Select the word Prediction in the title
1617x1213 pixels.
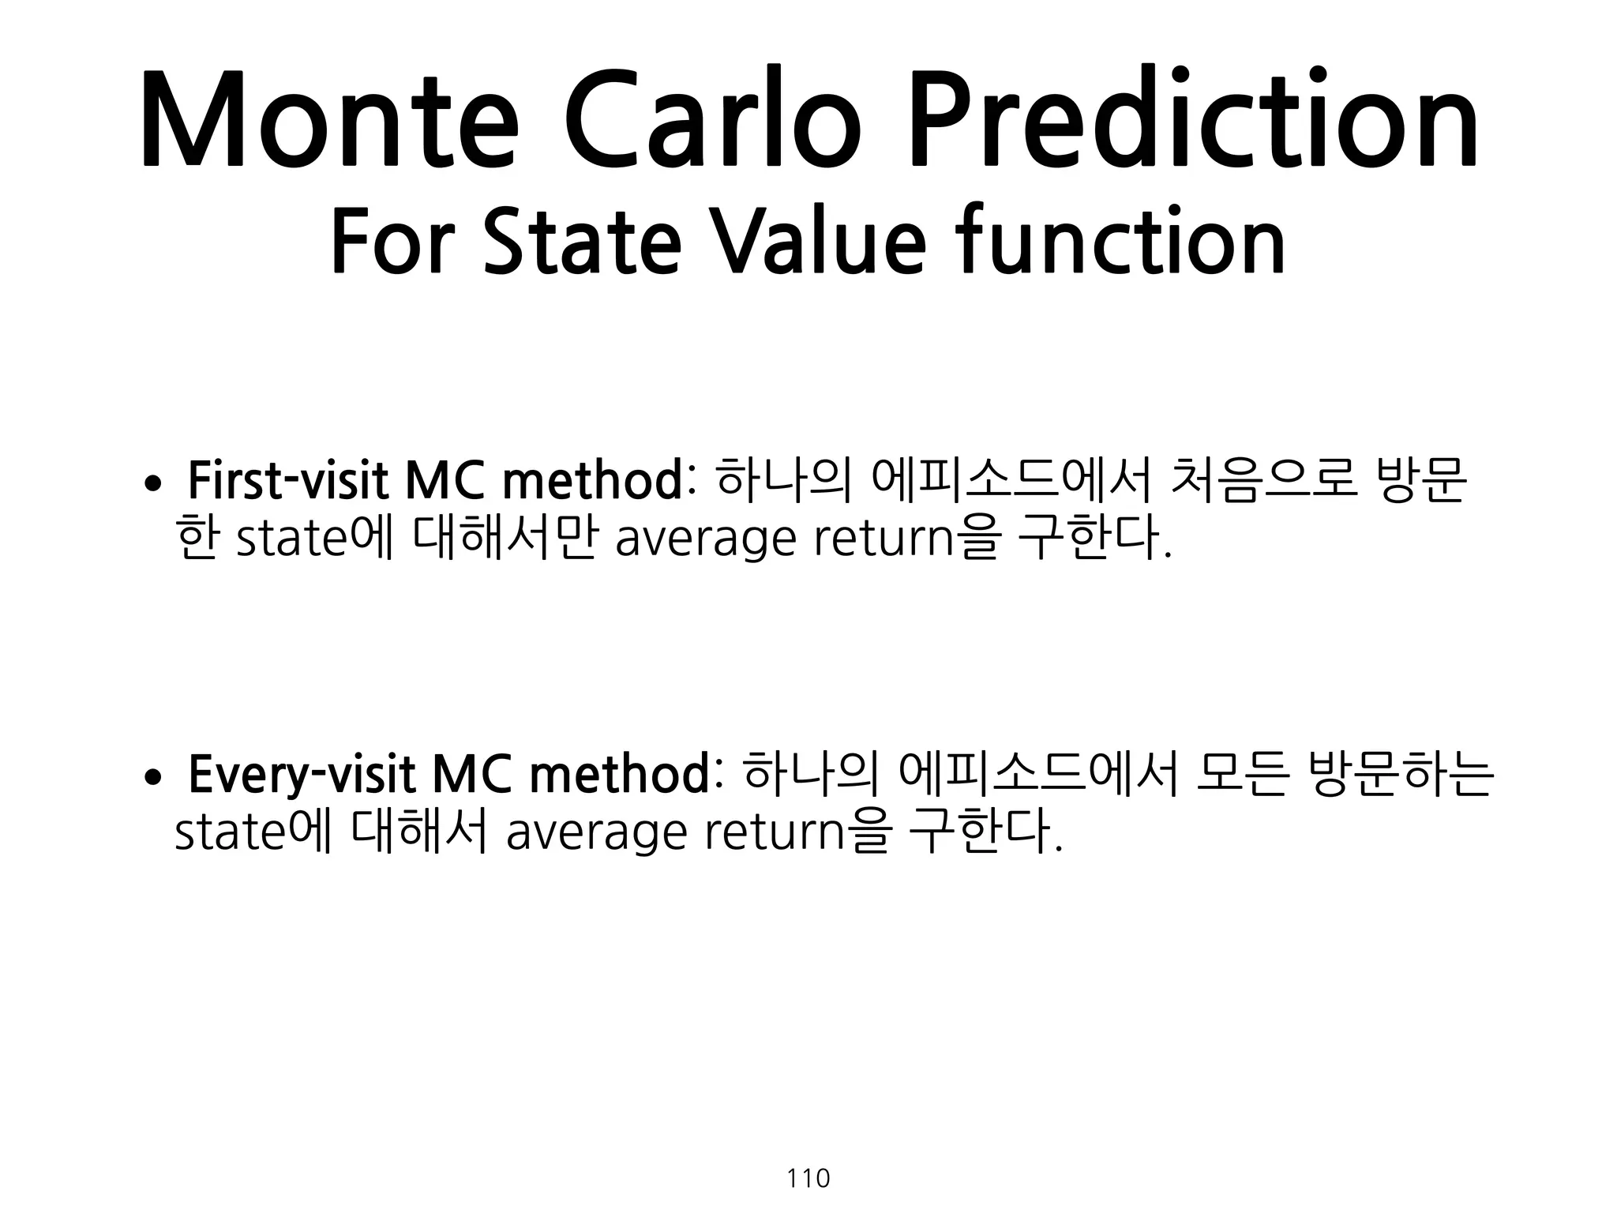pyautogui.click(x=1192, y=120)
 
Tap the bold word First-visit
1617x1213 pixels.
pyautogui.click(x=288, y=482)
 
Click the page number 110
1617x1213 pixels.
pyautogui.click(x=808, y=1179)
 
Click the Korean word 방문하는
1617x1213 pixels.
pyautogui.click(x=1401, y=775)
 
